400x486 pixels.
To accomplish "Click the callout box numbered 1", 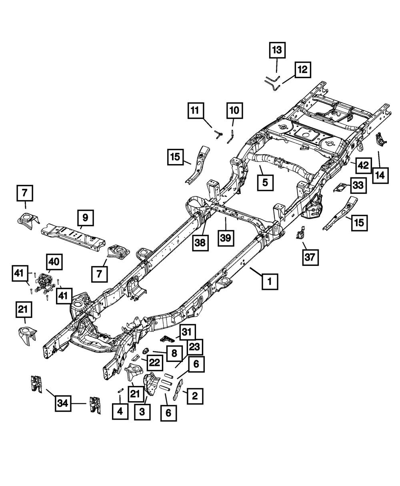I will tap(270, 282).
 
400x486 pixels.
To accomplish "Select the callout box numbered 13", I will tap(277, 50).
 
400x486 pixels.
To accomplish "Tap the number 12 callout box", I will tap(302, 70).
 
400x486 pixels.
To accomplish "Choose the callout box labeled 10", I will tap(234, 110).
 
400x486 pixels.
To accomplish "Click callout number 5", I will tap(265, 182).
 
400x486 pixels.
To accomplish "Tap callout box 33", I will tap(358, 185).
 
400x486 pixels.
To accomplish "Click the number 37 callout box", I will tap(310, 259).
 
